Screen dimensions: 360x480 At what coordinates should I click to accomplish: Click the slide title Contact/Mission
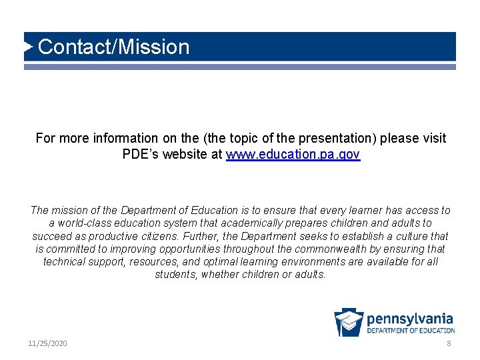(x=114, y=47)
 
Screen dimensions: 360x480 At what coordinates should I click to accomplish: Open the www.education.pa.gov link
(x=293, y=155)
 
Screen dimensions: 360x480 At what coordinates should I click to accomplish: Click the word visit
(x=433, y=139)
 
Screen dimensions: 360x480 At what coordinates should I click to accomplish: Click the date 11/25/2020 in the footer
(x=47, y=343)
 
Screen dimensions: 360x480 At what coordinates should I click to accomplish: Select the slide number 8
(x=449, y=343)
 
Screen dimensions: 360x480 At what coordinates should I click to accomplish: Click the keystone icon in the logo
(x=349, y=322)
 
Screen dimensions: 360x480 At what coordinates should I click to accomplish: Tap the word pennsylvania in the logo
(x=410, y=319)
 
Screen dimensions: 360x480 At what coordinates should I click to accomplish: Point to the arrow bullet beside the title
(x=29, y=47)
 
